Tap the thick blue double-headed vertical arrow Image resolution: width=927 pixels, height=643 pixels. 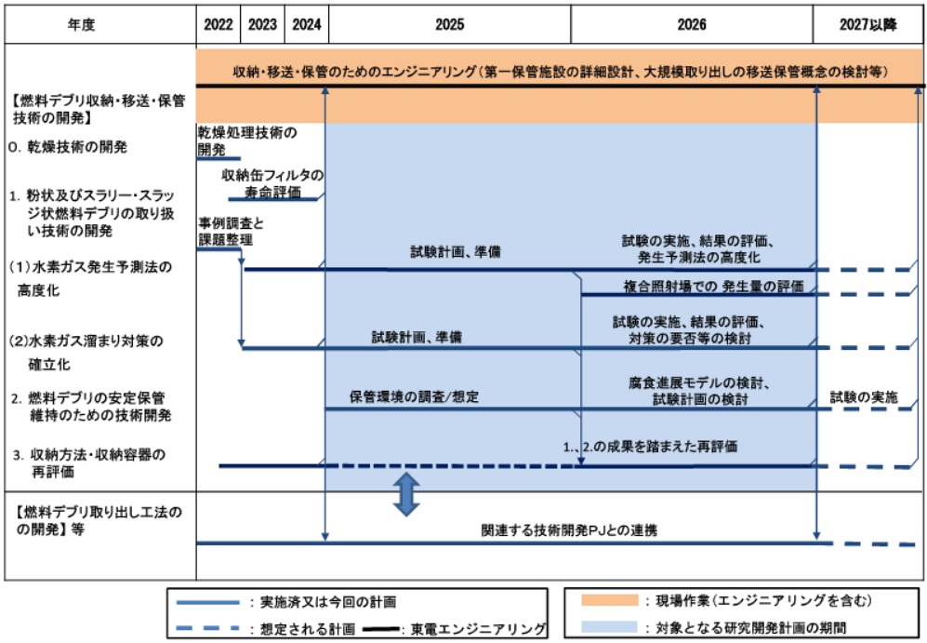405,494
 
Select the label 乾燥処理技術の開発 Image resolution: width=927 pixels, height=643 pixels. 246,141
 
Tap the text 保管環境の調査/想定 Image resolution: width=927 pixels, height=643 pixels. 415,396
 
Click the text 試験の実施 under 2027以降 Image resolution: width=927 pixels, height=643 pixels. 865,396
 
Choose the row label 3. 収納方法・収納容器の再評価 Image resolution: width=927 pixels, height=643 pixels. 93,463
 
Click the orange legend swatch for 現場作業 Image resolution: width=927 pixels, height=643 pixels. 601,601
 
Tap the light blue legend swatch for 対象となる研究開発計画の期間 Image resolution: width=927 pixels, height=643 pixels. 601,626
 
